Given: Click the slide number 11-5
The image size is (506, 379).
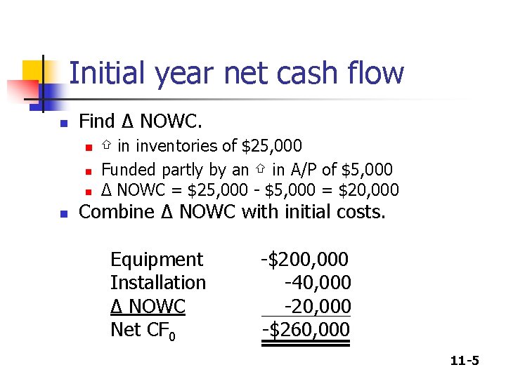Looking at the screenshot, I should [465, 361].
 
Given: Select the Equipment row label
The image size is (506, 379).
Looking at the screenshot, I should [157, 260].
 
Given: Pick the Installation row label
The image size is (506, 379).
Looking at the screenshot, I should [158, 283].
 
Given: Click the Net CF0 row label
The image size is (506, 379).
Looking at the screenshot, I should [143, 330].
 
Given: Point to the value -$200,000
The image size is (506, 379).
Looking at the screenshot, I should [305, 260].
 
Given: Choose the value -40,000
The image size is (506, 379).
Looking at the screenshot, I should [317, 283].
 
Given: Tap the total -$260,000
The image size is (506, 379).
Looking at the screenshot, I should [306, 329].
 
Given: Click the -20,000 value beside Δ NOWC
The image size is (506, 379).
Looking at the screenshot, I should [317, 306].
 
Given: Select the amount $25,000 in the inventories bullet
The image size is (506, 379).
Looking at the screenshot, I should [272, 146].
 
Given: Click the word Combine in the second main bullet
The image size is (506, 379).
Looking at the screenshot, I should [112, 212].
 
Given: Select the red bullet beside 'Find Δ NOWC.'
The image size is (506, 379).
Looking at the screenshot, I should [63, 124].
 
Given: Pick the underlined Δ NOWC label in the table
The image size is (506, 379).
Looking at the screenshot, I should [148, 307].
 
